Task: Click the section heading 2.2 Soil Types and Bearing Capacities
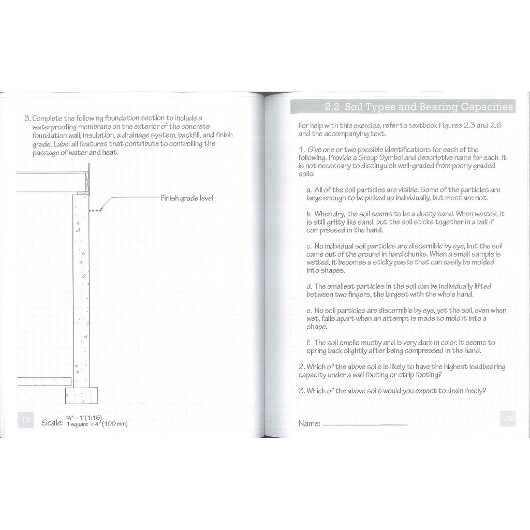(419, 107)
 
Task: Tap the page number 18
(25, 420)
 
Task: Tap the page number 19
(508, 419)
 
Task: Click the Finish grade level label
(186, 198)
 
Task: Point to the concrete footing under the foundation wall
(81, 396)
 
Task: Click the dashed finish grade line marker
(96, 210)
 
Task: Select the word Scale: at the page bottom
(52, 423)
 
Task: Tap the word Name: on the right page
(309, 423)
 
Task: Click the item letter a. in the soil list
(309, 190)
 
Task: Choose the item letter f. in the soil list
(308, 343)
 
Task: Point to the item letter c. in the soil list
(309, 246)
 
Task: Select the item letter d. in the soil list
(309, 286)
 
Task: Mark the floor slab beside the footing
(44, 381)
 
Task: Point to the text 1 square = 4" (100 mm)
(97, 424)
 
